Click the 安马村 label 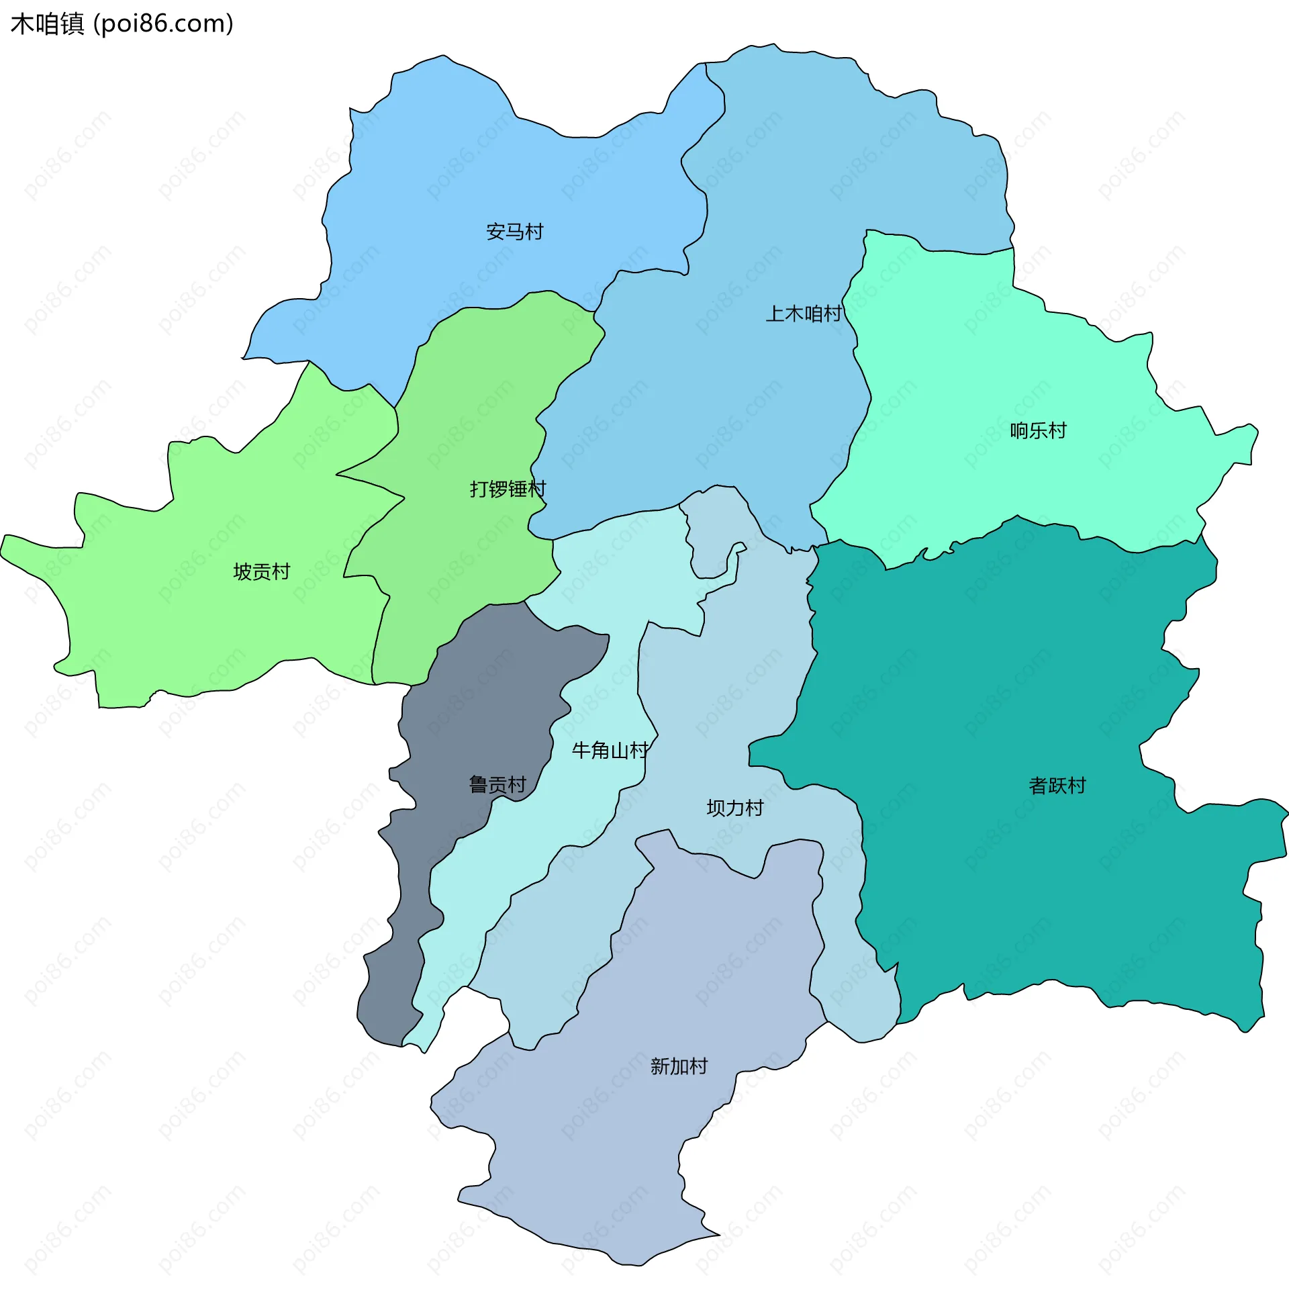(x=514, y=232)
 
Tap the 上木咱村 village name (x=804, y=314)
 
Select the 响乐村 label (x=1038, y=430)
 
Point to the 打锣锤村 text (x=508, y=489)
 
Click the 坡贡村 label (x=261, y=572)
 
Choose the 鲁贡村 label (x=497, y=785)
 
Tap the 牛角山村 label (x=610, y=750)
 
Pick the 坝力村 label (x=734, y=808)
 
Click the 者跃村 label (x=1057, y=786)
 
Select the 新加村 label (x=678, y=1066)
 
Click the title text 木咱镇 (x=48, y=24)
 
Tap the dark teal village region (x=1016, y=677)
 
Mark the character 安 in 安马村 (x=495, y=232)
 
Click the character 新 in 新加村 (x=659, y=1066)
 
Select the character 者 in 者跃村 (x=1038, y=786)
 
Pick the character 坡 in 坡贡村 (x=242, y=572)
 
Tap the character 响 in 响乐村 (x=1019, y=430)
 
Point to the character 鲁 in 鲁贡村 (x=479, y=785)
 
